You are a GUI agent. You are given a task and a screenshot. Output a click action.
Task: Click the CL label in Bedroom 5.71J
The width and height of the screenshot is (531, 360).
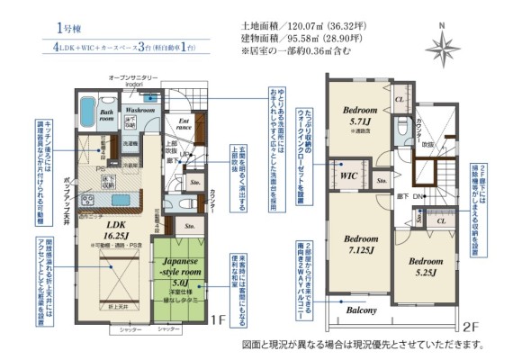(x=399, y=98)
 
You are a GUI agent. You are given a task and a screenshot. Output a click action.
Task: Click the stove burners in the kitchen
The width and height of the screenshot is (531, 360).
(x=88, y=199)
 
